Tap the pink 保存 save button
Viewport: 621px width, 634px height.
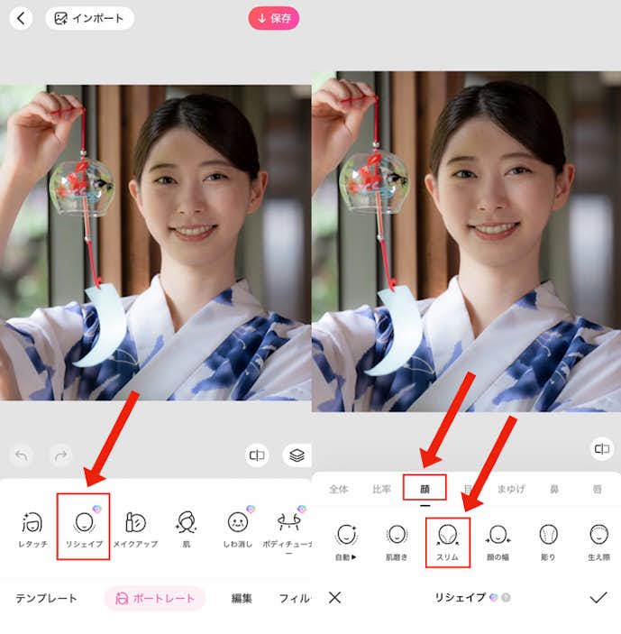[x=274, y=18]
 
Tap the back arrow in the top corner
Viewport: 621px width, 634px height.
[x=21, y=18]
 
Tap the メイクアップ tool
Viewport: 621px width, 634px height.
[x=135, y=527]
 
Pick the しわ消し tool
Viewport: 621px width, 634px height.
[x=237, y=527]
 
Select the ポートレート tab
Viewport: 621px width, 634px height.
[x=155, y=598]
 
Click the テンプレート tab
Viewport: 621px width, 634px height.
[x=46, y=598]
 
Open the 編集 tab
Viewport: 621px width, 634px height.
[x=242, y=598]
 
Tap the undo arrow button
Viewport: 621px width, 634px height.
[x=22, y=455]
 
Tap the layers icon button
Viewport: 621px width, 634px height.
[x=295, y=455]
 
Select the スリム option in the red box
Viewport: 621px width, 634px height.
[x=448, y=540]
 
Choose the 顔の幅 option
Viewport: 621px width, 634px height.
[x=498, y=540]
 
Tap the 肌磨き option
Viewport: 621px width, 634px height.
[x=397, y=540]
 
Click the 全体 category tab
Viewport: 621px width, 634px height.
[x=338, y=490]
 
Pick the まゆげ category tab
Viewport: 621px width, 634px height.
[x=511, y=490]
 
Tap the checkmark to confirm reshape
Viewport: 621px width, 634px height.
[x=598, y=597]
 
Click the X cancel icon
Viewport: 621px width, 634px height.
[x=334, y=597]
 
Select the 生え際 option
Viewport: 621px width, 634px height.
[x=599, y=540]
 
